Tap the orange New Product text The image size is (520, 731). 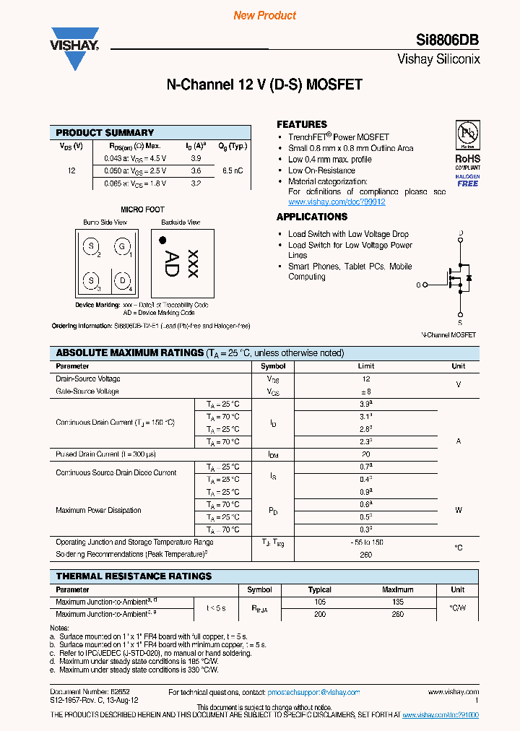coord(264,15)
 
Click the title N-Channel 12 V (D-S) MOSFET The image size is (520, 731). coord(264,85)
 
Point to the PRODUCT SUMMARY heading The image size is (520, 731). coord(105,133)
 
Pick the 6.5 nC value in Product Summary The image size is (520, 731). coord(233,171)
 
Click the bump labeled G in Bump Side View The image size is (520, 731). coord(121,248)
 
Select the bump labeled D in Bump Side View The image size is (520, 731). coord(123,280)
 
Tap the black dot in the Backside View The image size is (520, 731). coord(163,240)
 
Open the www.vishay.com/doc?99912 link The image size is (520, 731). coord(337,202)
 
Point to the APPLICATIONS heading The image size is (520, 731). coord(312,217)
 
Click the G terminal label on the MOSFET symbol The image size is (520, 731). coord(418,285)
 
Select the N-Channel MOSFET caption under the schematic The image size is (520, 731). coord(448,335)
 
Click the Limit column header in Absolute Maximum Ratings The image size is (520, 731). coord(366,366)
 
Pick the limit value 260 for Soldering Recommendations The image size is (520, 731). coord(366,555)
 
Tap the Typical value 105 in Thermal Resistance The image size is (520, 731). coord(320,602)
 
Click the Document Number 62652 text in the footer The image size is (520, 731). coord(85,693)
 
